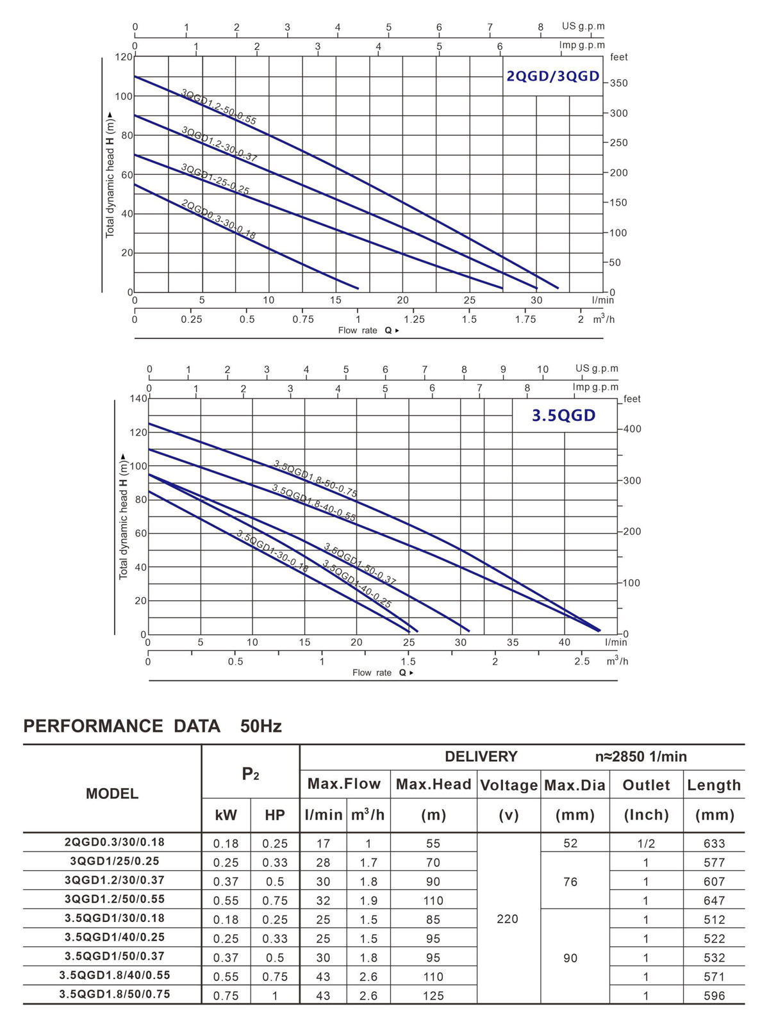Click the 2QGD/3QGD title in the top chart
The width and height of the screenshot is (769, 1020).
[552, 76]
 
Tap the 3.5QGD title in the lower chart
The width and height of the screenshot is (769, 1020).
[564, 416]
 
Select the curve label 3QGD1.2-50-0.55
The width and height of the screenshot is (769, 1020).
[219, 107]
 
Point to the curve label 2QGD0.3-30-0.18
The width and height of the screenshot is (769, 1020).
[219, 220]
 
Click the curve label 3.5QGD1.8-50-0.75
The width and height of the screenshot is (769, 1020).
[315, 479]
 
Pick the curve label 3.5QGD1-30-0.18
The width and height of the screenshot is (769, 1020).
[272, 551]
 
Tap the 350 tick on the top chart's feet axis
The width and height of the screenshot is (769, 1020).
[618, 83]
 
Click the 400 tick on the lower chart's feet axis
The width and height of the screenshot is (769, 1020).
[632, 429]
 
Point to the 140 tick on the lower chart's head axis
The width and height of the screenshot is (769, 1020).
[138, 399]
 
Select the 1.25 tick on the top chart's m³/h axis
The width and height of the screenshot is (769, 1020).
[414, 319]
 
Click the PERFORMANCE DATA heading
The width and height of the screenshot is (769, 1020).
[122, 726]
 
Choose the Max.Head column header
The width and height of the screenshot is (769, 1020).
[433, 785]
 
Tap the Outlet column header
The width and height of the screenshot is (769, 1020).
[646, 786]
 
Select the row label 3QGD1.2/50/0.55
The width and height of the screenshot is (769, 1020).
[112, 899]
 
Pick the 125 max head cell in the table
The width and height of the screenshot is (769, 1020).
[433, 996]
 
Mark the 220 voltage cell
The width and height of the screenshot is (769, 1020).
[508, 919]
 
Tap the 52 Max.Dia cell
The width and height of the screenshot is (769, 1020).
[570, 843]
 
